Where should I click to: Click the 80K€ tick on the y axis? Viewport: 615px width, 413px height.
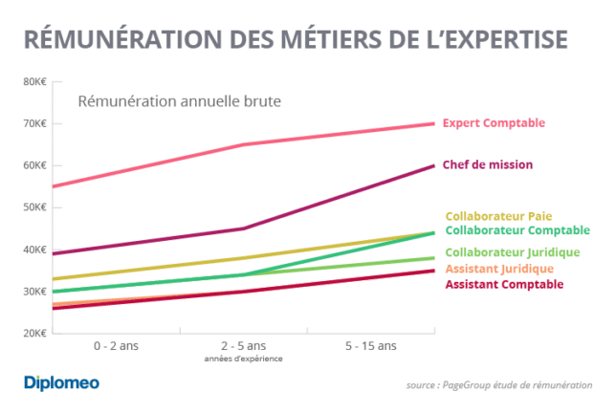[x=33, y=81]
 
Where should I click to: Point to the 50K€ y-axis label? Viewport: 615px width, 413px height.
[x=33, y=207]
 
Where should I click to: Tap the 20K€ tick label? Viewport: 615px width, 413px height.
[x=33, y=334]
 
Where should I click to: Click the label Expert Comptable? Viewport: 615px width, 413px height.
[x=494, y=123]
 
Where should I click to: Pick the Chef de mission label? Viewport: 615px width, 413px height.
[x=488, y=164]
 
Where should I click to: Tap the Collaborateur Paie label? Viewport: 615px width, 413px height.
[x=498, y=216]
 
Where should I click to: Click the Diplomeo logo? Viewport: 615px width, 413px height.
[x=61, y=383]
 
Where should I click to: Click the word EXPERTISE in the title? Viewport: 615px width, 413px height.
[x=501, y=39]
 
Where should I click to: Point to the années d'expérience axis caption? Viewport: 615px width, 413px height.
[x=244, y=359]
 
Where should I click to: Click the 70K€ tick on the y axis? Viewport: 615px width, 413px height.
[x=33, y=123]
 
